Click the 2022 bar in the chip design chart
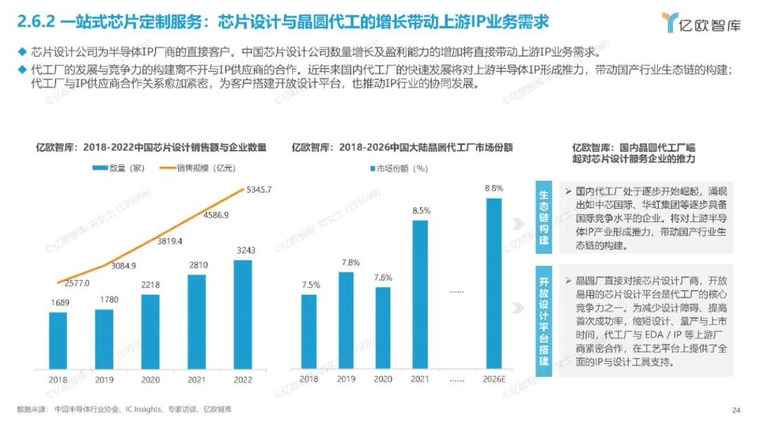(x=242, y=314)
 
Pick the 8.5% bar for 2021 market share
(x=421, y=294)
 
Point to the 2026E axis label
(x=494, y=379)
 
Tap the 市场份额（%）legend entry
(x=397, y=168)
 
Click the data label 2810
(x=197, y=265)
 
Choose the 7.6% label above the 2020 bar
(x=383, y=277)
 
